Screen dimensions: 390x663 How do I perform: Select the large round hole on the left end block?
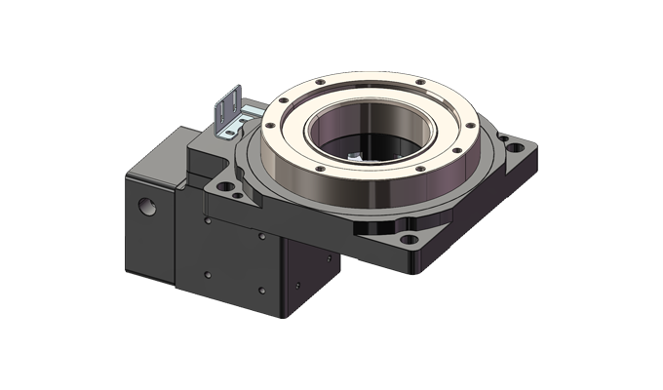coord(147,207)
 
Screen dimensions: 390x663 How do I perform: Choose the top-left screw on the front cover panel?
coord(209,221)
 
